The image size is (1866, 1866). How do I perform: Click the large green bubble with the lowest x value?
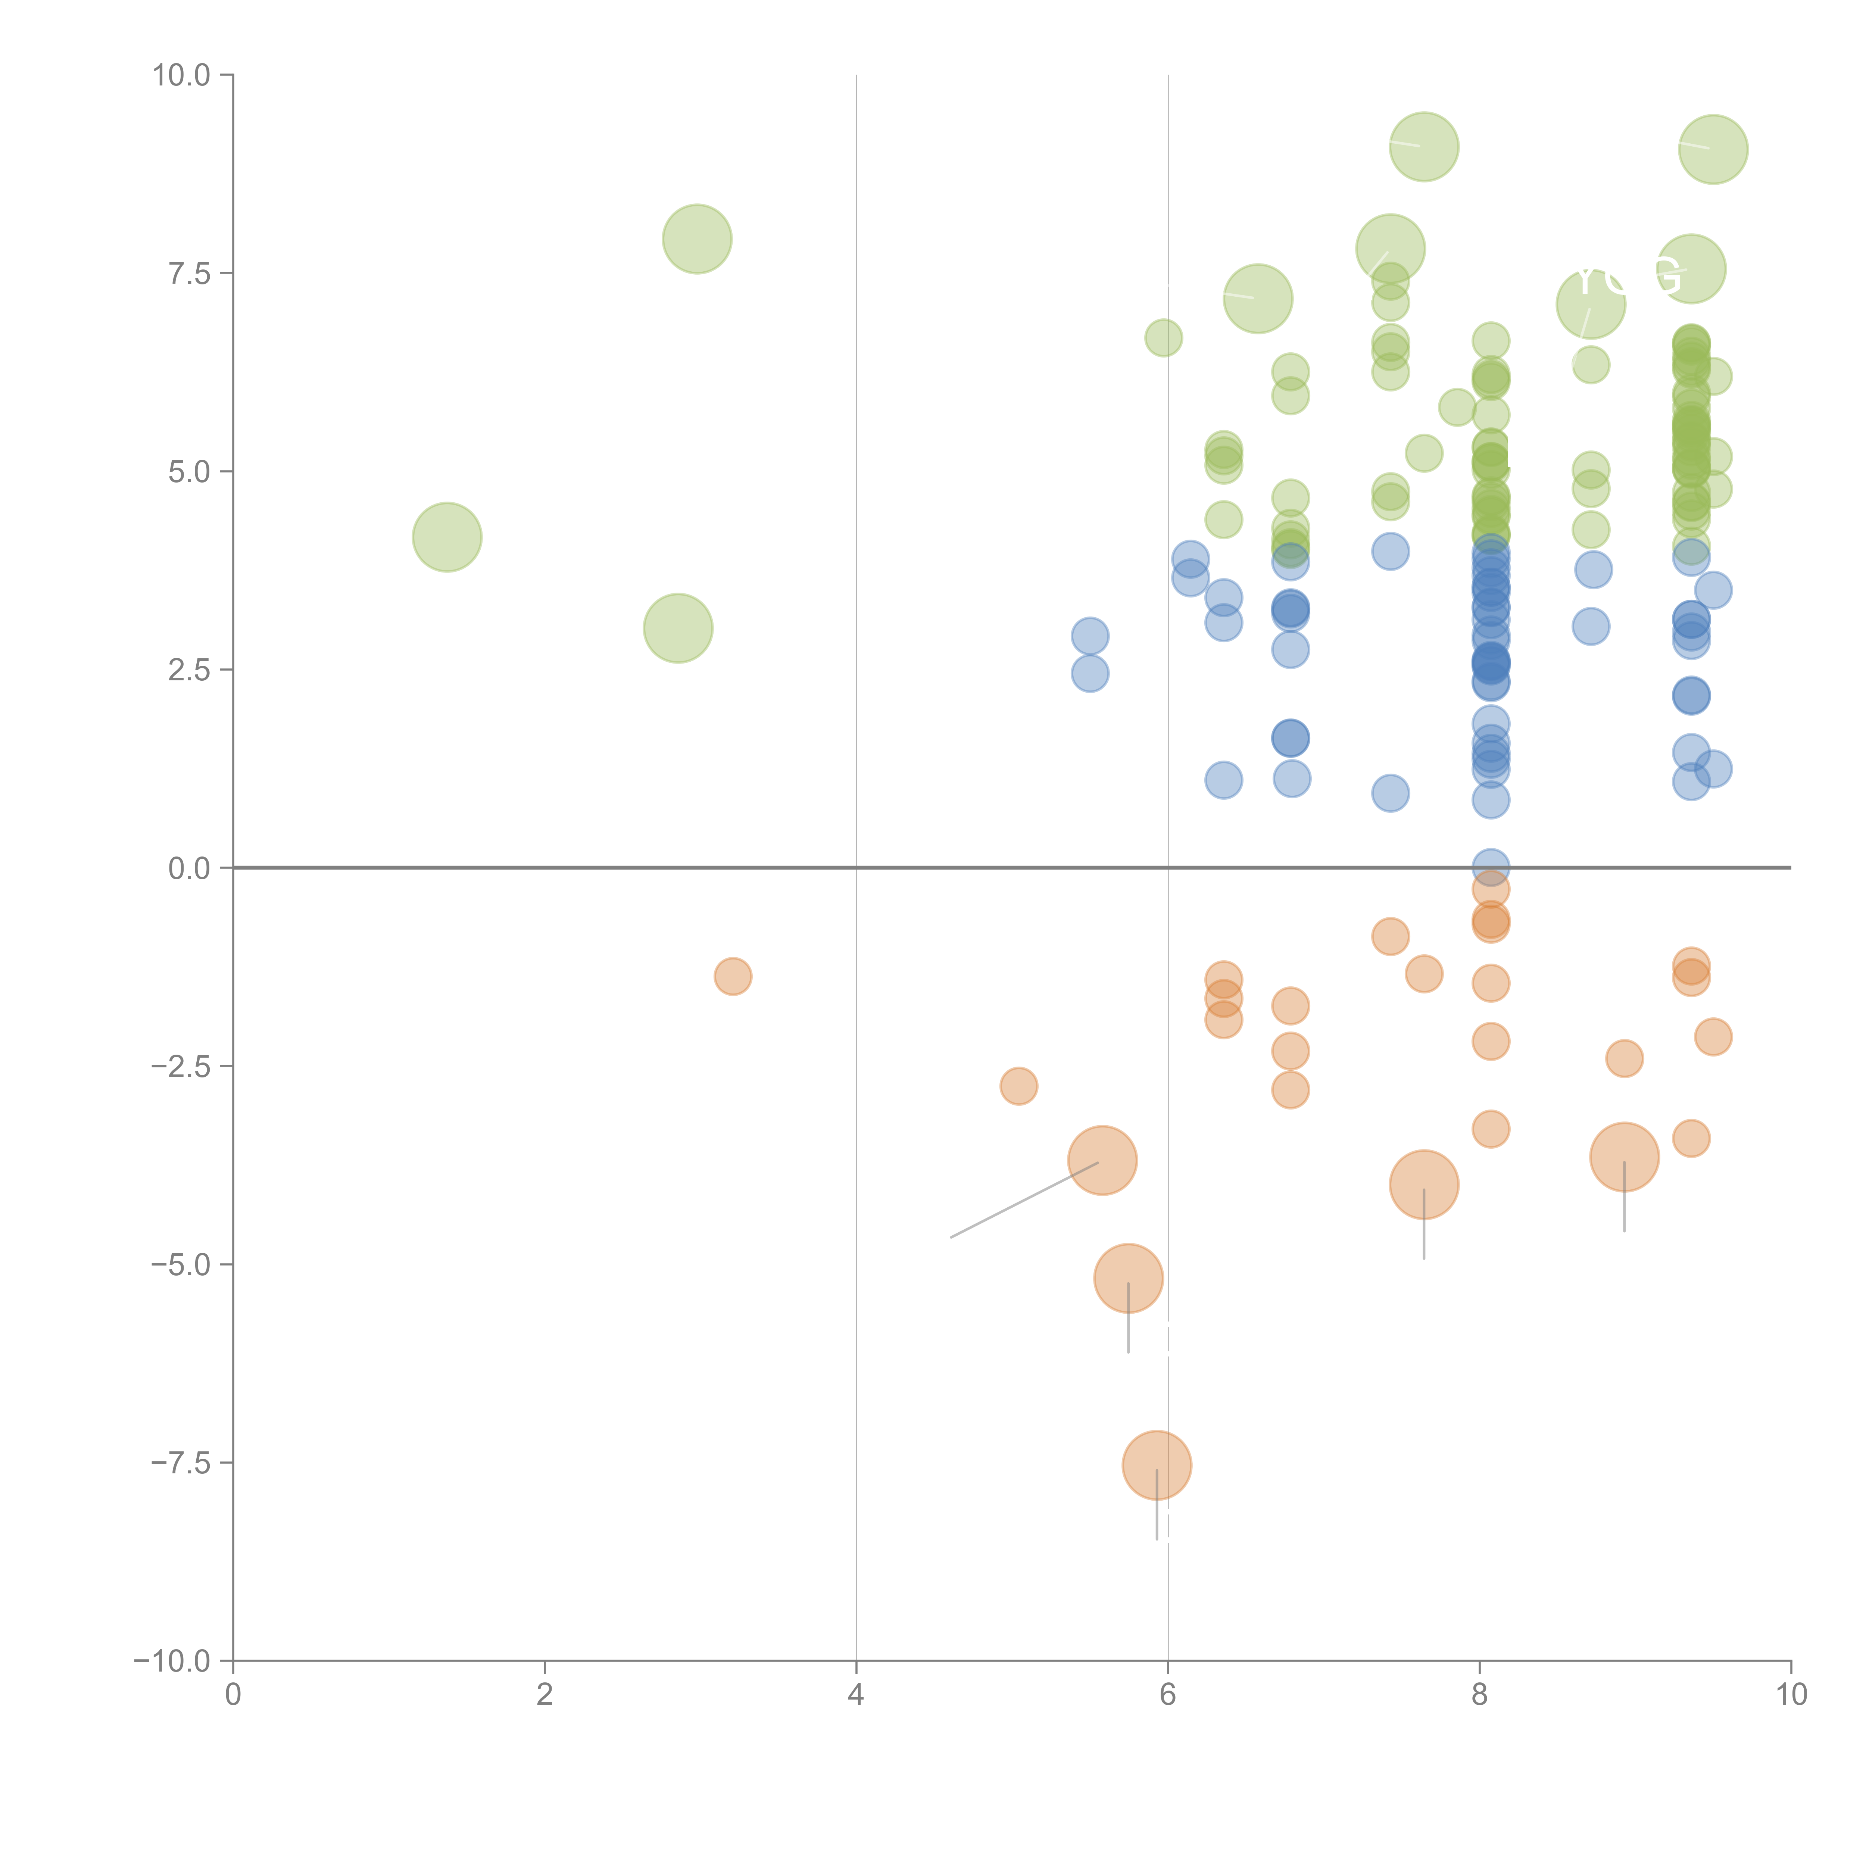[447, 537]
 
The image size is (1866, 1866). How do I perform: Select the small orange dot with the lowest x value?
[733, 976]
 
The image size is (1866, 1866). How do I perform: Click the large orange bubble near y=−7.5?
[1157, 1465]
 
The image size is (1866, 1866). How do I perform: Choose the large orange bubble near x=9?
[1625, 1157]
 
